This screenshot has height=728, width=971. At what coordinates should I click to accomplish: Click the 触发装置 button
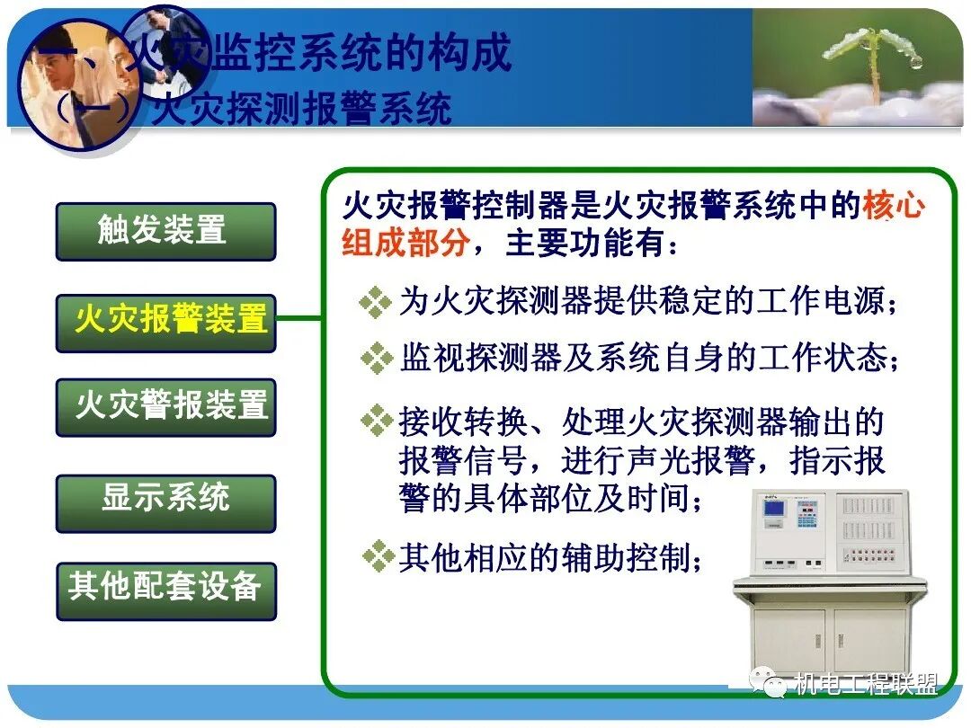[165, 231]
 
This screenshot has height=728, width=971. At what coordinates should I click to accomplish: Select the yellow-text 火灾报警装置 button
[165, 321]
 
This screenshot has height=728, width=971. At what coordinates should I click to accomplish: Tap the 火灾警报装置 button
[165, 406]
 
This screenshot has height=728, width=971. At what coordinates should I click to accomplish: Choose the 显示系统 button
[165, 498]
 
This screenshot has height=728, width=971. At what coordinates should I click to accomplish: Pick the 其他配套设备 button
[165, 588]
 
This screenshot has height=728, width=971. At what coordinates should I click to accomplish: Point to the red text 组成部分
[404, 244]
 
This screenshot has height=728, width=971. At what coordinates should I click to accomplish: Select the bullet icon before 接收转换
[375, 420]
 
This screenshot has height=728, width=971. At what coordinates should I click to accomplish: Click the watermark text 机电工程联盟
[866, 684]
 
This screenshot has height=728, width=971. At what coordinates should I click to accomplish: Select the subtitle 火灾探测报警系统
[301, 111]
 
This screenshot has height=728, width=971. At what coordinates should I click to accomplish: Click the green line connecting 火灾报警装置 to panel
[299, 318]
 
